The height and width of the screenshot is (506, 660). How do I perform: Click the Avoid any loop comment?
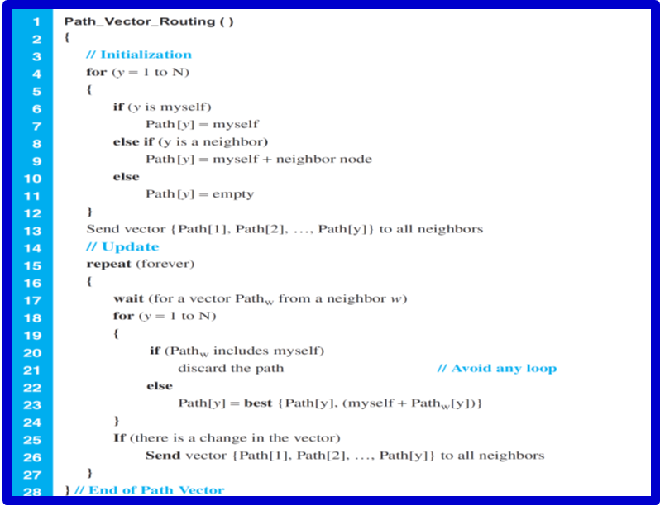pyautogui.click(x=496, y=368)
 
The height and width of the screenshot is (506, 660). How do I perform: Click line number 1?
pyautogui.click(x=36, y=21)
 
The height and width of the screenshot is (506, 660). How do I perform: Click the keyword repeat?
pyautogui.click(x=106, y=264)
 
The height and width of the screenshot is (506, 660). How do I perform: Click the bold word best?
pyautogui.click(x=257, y=403)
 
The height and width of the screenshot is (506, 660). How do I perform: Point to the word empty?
pyautogui.click(x=236, y=194)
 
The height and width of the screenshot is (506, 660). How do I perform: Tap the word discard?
pyautogui.click(x=200, y=368)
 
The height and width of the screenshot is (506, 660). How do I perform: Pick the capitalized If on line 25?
pyautogui.click(x=119, y=437)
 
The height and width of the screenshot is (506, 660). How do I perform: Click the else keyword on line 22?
pyautogui.click(x=160, y=385)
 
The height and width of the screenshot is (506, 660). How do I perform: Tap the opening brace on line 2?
pyautogui.click(x=66, y=38)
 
